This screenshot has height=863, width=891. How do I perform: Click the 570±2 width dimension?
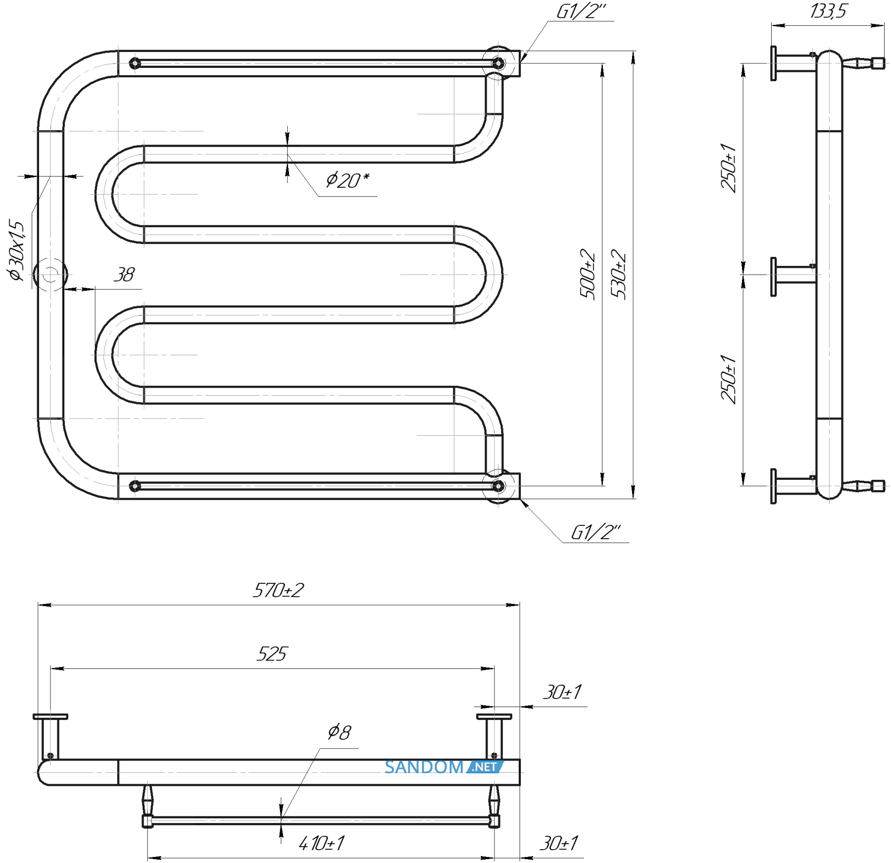coord(278,590)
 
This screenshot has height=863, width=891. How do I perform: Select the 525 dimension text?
coord(272,654)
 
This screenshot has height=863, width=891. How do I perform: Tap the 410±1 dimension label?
coord(322,843)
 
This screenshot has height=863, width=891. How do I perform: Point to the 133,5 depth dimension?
coord(828,11)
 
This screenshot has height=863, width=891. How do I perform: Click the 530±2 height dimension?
coord(619,274)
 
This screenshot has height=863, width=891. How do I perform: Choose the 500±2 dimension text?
coord(588,274)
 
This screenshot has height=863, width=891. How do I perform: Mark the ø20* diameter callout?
coord(347,180)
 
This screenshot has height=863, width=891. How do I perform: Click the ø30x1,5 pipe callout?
coord(16,251)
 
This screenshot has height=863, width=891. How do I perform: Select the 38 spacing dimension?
coord(124,274)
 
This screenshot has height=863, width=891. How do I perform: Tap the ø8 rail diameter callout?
coord(340,732)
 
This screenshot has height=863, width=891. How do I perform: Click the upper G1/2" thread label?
coord(581,11)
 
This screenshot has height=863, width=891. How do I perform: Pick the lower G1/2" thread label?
coord(595,532)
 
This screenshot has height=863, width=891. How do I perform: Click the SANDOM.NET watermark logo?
coord(444,767)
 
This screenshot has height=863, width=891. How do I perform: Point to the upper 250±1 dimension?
coord(729,167)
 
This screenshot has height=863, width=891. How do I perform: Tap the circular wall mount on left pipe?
coord(50,274)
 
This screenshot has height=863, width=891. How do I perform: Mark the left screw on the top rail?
coord(135,63)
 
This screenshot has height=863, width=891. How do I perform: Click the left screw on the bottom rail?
coord(135,486)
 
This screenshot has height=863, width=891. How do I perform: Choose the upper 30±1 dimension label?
coord(562,692)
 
